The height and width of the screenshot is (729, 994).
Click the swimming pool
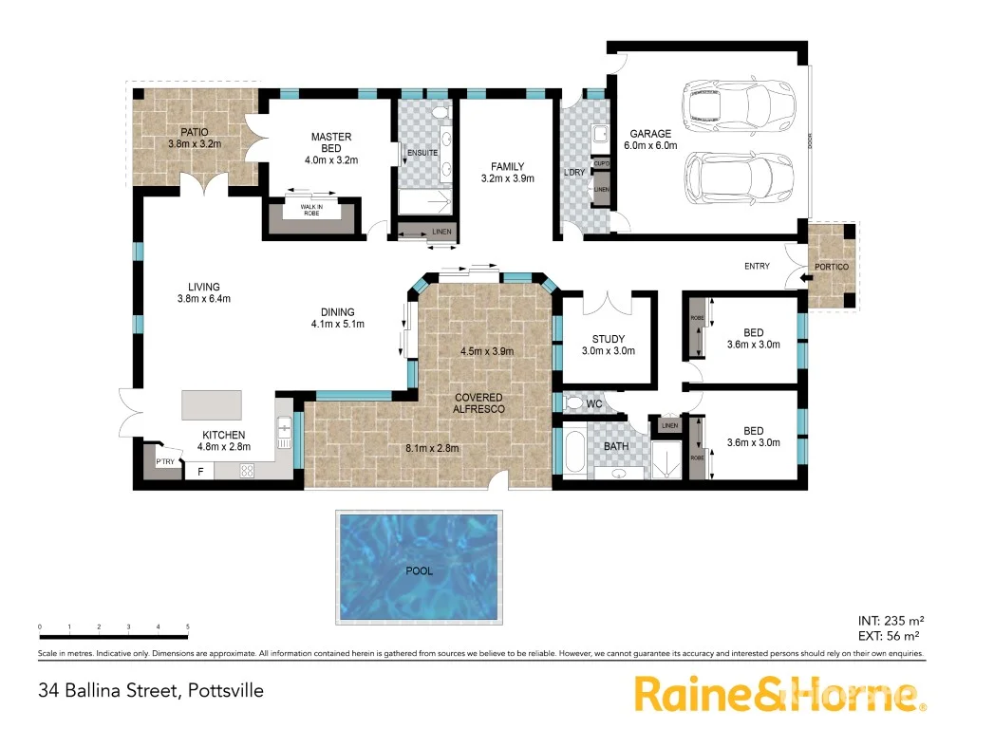point(419,564)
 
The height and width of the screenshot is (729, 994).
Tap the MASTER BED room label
point(331,143)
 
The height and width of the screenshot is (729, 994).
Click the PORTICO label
point(828,266)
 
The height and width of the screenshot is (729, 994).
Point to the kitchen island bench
point(212,405)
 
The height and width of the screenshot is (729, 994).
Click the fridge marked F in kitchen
point(199,470)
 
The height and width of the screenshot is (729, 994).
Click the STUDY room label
point(608,339)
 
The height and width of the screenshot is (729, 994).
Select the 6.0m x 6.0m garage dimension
point(650,146)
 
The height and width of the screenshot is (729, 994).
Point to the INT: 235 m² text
point(888,621)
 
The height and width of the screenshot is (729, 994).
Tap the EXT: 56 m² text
point(888,636)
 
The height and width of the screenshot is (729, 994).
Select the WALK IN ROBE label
point(311,210)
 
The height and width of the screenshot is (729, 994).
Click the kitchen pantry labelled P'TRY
point(166,461)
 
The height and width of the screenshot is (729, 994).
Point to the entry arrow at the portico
point(805,277)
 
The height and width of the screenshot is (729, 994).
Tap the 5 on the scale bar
point(188,627)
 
